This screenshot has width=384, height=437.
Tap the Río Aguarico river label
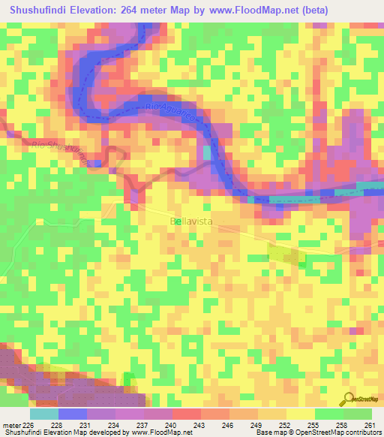tap(169, 113)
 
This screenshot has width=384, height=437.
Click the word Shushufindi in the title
tap(48, 11)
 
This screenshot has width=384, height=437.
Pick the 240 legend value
tap(171, 426)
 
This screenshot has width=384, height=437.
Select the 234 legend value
tap(114, 426)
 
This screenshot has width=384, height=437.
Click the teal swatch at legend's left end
tap(43, 414)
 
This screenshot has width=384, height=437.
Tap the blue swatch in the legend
tap(72, 414)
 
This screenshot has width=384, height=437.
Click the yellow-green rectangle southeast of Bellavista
tap(287, 254)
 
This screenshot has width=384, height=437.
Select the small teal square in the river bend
tap(207, 152)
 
